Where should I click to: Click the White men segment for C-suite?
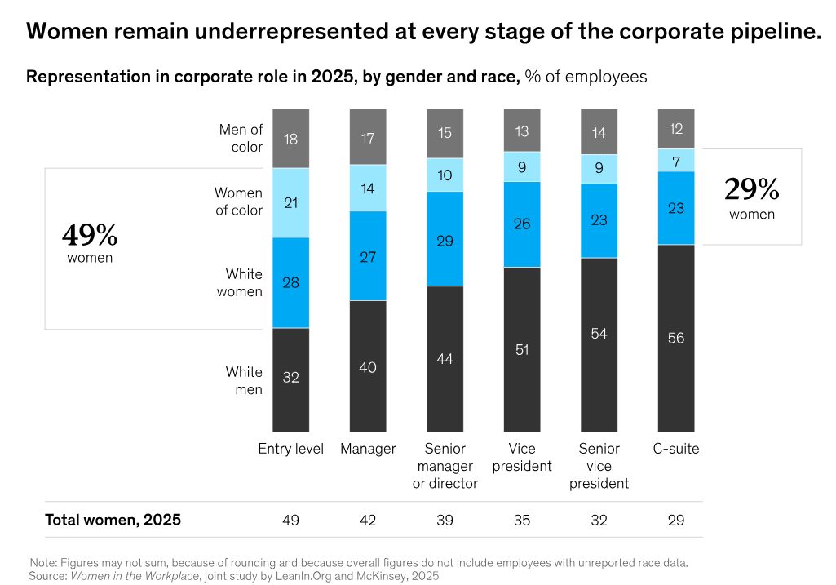676,338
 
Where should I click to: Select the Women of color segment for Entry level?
291,202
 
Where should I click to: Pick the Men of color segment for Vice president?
522,130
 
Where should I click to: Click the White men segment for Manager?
368,366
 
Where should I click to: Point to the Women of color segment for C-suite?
676,161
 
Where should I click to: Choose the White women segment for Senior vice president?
599,220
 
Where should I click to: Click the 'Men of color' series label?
241,138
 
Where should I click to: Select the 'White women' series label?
239,282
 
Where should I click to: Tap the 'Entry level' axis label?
291,449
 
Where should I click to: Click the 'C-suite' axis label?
676,449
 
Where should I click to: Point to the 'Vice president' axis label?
522,457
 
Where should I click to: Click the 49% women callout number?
90,236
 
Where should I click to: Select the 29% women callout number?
751,190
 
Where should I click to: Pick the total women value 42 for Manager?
368,521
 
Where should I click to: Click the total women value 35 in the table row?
522,521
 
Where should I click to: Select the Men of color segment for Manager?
368,136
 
